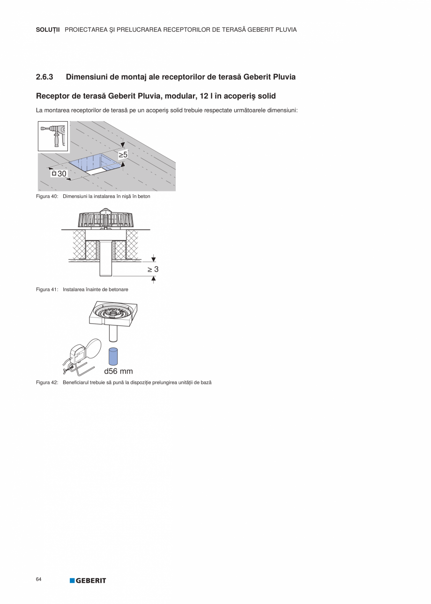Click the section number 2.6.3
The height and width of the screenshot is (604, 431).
(45, 77)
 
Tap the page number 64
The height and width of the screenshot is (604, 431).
(39, 580)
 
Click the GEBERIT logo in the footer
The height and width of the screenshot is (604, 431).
(88, 581)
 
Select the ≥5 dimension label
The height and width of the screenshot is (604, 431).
(123, 154)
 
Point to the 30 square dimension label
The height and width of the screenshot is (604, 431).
(59, 174)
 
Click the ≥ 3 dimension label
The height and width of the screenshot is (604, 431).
(153, 269)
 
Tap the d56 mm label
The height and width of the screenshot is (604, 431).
(118, 371)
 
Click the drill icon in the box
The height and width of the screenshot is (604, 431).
(53, 136)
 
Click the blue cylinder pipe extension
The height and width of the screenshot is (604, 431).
(112, 356)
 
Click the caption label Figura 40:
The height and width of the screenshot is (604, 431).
(47, 197)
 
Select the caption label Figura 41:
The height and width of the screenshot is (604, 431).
(47, 289)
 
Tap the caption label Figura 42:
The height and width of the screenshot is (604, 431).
(47, 383)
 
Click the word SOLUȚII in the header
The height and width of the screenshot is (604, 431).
(48, 29)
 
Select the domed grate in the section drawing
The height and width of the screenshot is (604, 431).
(108, 219)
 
